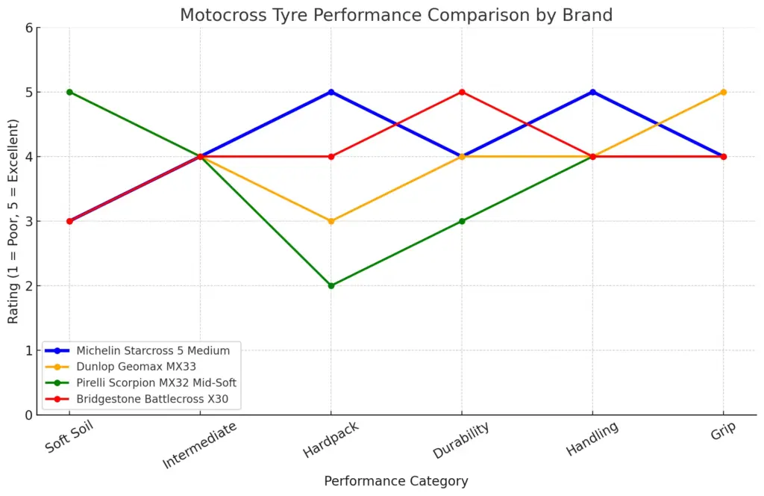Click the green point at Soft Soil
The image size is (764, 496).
click(69, 92)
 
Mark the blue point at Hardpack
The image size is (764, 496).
click(331, 92)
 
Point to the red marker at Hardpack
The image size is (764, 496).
click(331, 157)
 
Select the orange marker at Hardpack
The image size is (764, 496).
click(331, 221)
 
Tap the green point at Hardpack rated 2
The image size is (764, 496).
click(331, 285)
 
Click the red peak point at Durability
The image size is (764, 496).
click(462, 92)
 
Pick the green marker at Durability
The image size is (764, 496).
click(462, 221)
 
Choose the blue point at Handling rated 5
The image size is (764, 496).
click(592, 92)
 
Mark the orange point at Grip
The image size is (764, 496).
click(723, 92)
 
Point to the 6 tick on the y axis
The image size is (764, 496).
click(28, 28)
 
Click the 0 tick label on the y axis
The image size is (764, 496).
click(28, 415)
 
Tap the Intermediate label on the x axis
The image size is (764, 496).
click(200, 446)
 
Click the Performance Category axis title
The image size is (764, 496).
click(396, 481)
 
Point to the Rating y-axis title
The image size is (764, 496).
click(13, 221)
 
